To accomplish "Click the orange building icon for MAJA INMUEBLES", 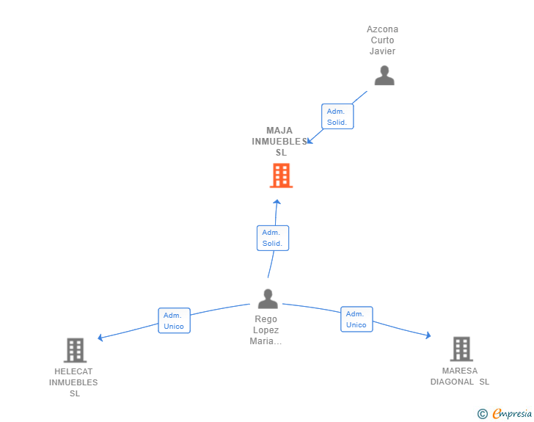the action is (282, 175).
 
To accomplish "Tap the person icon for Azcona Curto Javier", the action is (384, 76).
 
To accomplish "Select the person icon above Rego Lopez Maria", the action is (268, 299).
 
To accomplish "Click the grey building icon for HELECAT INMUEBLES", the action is (76, 350).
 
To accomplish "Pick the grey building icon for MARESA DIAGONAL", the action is (461, 349).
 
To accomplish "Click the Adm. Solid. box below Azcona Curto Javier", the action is (337, 117).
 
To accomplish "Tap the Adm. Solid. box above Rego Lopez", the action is (273, 238).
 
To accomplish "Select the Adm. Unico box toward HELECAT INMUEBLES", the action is (174, 321).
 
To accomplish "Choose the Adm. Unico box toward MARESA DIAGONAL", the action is (356, 319).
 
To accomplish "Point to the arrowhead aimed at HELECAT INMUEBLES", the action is (100, 338).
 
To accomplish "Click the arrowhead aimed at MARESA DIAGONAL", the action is (428, 335).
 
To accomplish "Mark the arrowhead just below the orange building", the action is (277, 202).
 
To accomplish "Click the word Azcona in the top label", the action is (382, 29).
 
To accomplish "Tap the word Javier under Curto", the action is (382, 51).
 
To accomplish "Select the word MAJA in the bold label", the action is (279, 131).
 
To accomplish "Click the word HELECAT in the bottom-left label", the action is (73, 371).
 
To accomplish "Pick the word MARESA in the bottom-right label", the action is (460, 371).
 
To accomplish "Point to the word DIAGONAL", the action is (452, 382).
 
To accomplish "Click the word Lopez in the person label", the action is (266, 330).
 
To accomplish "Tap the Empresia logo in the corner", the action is (505, 413).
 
